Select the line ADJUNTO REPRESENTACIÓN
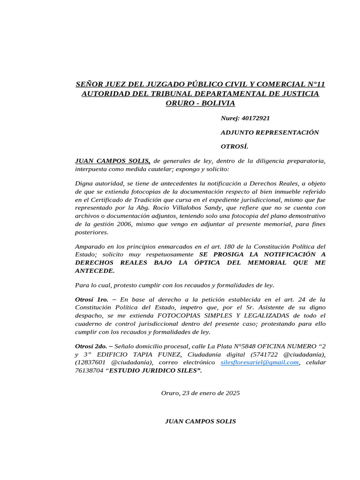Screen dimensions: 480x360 coord(270,132)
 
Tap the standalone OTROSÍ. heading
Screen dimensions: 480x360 coord(234,146)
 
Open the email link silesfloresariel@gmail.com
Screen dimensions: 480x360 coord(259,362)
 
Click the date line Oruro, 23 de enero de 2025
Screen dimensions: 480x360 coord(200,393)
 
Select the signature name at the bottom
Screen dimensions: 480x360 coord(200,421)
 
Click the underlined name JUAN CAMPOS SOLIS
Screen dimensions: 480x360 coord(112,161)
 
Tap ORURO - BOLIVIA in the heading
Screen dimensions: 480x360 coord(200,103)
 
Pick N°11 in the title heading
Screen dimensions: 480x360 coord(313,84)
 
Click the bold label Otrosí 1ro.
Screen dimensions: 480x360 coord(91,299)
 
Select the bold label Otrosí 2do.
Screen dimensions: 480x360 coord(92,346)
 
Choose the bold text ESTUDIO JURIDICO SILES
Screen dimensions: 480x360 coord(154,371)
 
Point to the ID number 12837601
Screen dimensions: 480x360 coord(91,362)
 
